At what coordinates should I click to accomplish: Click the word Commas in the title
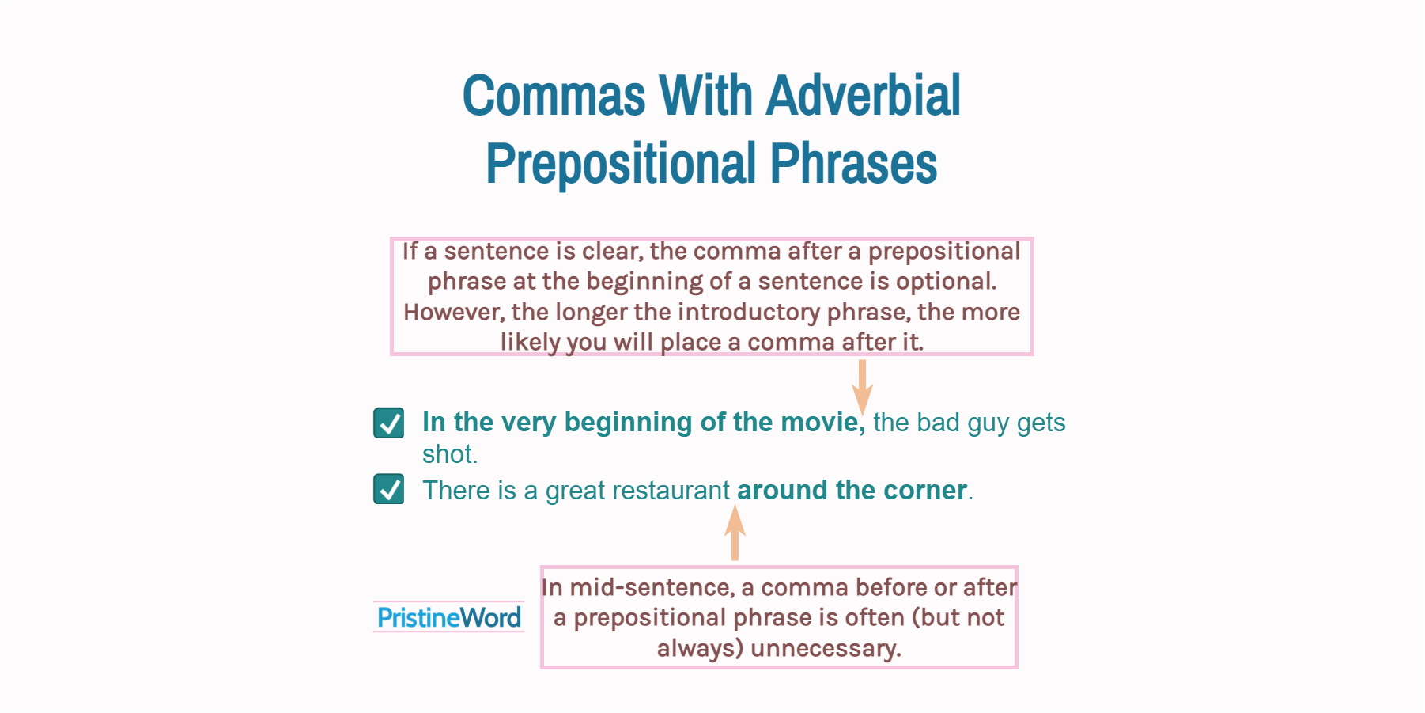coord(554,96)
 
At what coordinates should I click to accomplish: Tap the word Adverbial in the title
coord(863,96)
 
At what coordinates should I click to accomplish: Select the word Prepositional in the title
coord(621,164)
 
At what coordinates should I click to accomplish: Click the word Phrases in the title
coord(853,164)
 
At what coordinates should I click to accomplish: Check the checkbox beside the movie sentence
coord(389,423)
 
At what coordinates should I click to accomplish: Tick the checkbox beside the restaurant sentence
coord(389,489)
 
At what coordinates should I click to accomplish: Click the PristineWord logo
coord(448,617)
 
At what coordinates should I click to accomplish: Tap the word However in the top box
coord(453,312)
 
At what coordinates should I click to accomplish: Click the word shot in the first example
coord(448,454)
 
